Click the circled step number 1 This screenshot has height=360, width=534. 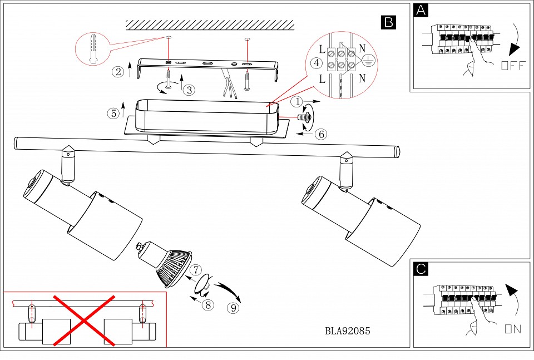(x=299, y=102)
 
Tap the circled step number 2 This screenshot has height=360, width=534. (x=117, y=71)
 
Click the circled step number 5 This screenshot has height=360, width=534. (x=113, y=113)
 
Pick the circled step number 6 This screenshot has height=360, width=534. (x=320, y=134)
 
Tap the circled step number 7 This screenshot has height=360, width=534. (x=195, y=270)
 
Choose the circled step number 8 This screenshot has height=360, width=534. (x=208, y=304)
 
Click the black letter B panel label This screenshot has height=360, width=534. (x=388, y=22)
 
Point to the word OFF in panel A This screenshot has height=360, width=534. (x=512, y=66)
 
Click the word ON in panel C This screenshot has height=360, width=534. (x=513, y=329)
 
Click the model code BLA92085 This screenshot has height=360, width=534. (x=348, y=331)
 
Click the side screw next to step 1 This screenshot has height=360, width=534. (x=303, y=117)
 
